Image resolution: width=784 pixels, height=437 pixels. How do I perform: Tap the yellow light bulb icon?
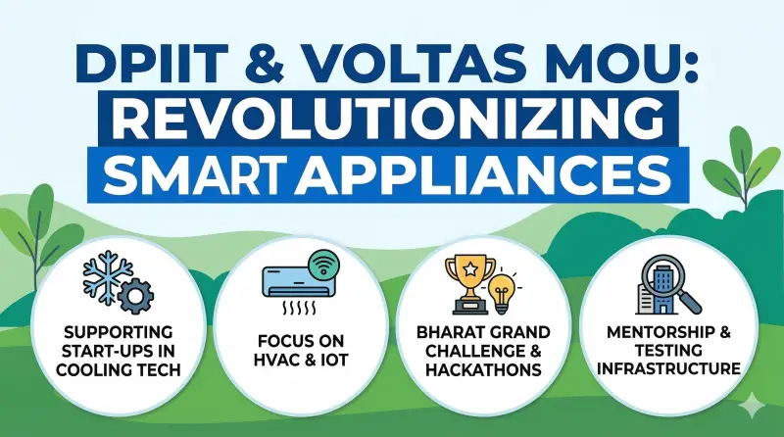coord(503,293)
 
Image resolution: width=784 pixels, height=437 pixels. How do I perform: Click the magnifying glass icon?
coord(665,277)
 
